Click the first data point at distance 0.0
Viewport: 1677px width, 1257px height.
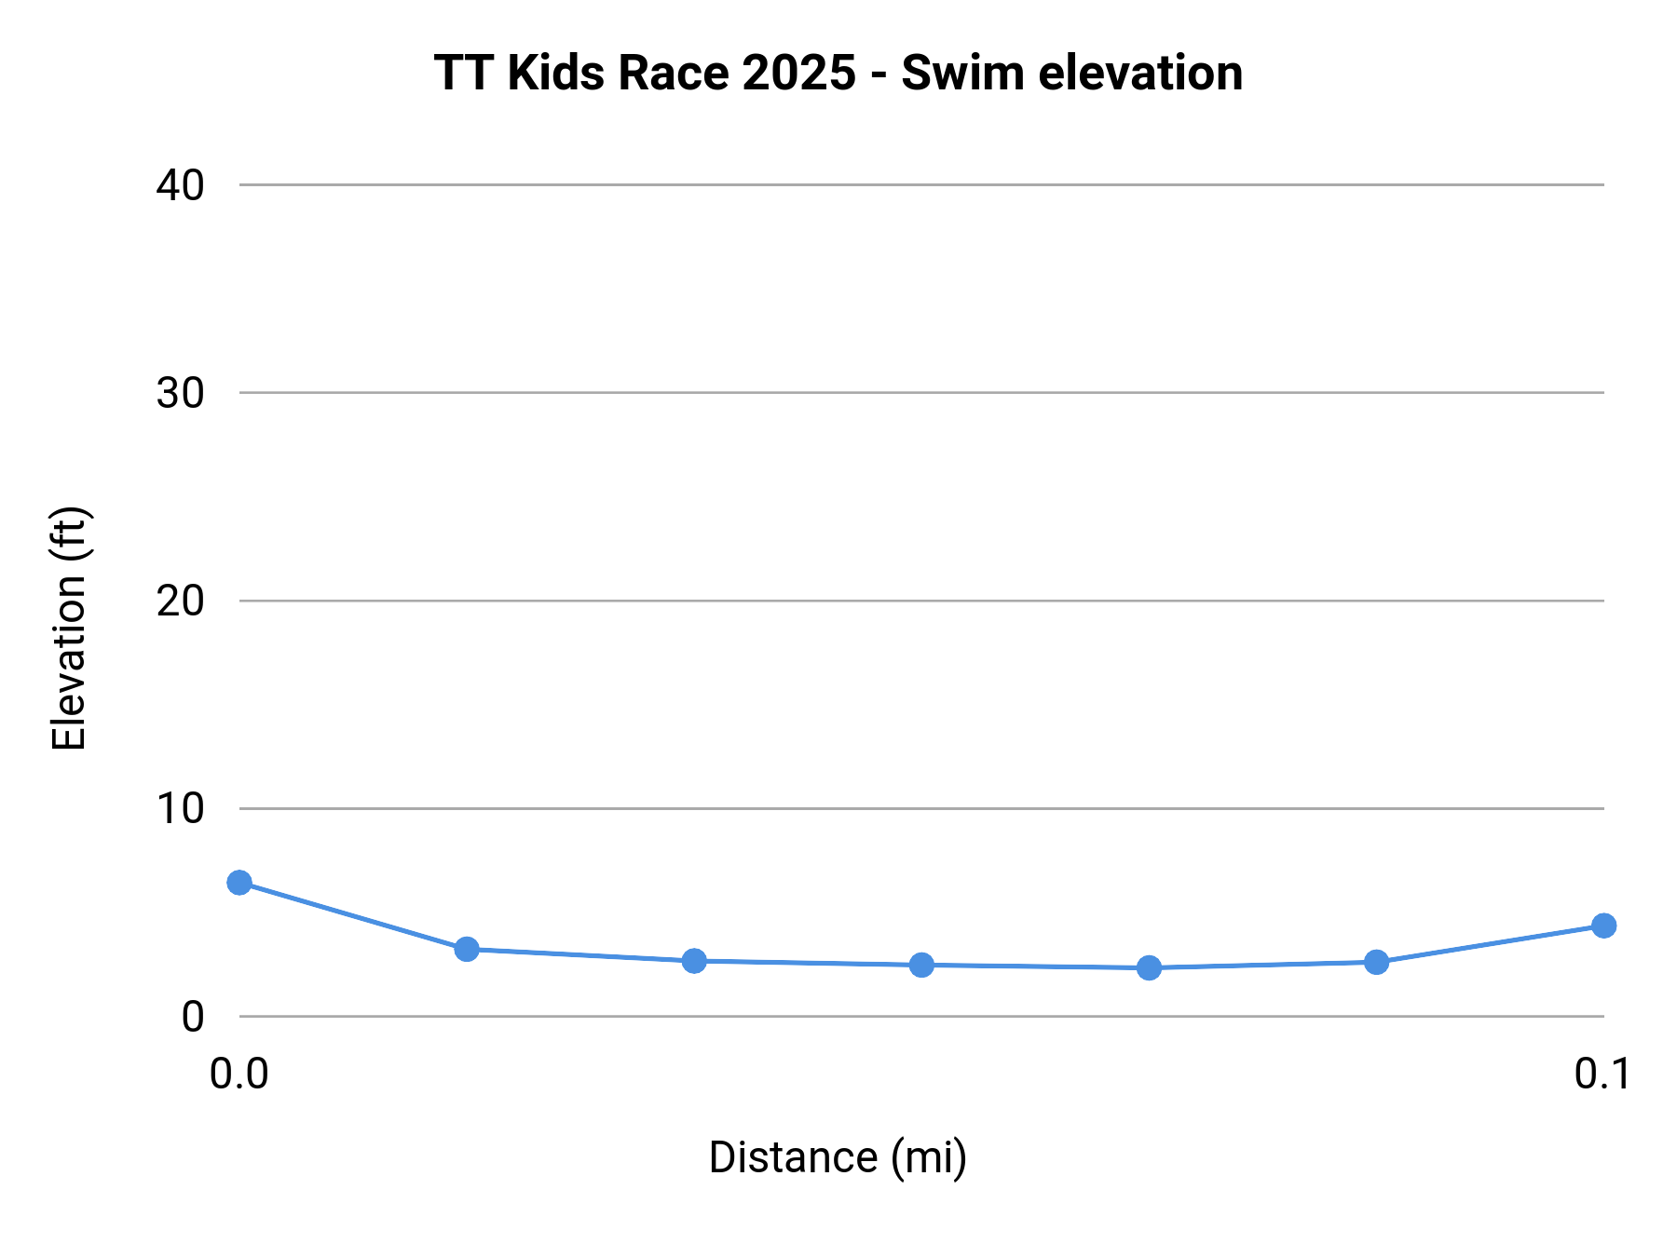(x=239, y=883)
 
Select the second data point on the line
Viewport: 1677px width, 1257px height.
(x=467, y=950)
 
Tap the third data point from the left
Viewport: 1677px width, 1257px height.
(x=694, y=961)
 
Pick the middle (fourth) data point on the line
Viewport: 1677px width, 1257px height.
(x=921, y=966)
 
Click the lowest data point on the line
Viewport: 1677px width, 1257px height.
(x=1149, y=968)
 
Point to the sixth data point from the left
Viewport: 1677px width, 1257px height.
(x=1376, y=963)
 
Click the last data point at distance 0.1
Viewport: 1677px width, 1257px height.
(x=1603, y=926)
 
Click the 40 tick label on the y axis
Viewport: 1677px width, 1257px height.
(x=180, y=185)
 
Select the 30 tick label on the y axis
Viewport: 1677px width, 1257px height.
(x=180, y=393)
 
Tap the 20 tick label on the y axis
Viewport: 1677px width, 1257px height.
(x=180, y=601)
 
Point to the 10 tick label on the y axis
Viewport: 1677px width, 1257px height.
(x=180, y=809)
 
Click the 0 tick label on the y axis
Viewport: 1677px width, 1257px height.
(x=192, y=1017)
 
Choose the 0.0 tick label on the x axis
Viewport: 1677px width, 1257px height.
(x=239, y=1074)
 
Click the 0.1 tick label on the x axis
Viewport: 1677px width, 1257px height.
(x=1602, y=1074)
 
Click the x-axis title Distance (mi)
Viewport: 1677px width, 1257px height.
(x=838, y=1157)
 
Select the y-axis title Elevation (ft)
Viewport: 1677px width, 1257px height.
(x=69, y=628)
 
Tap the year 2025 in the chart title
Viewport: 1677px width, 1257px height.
(x=798, y=73)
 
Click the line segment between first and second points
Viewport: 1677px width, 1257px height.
(x=353, y=916)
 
